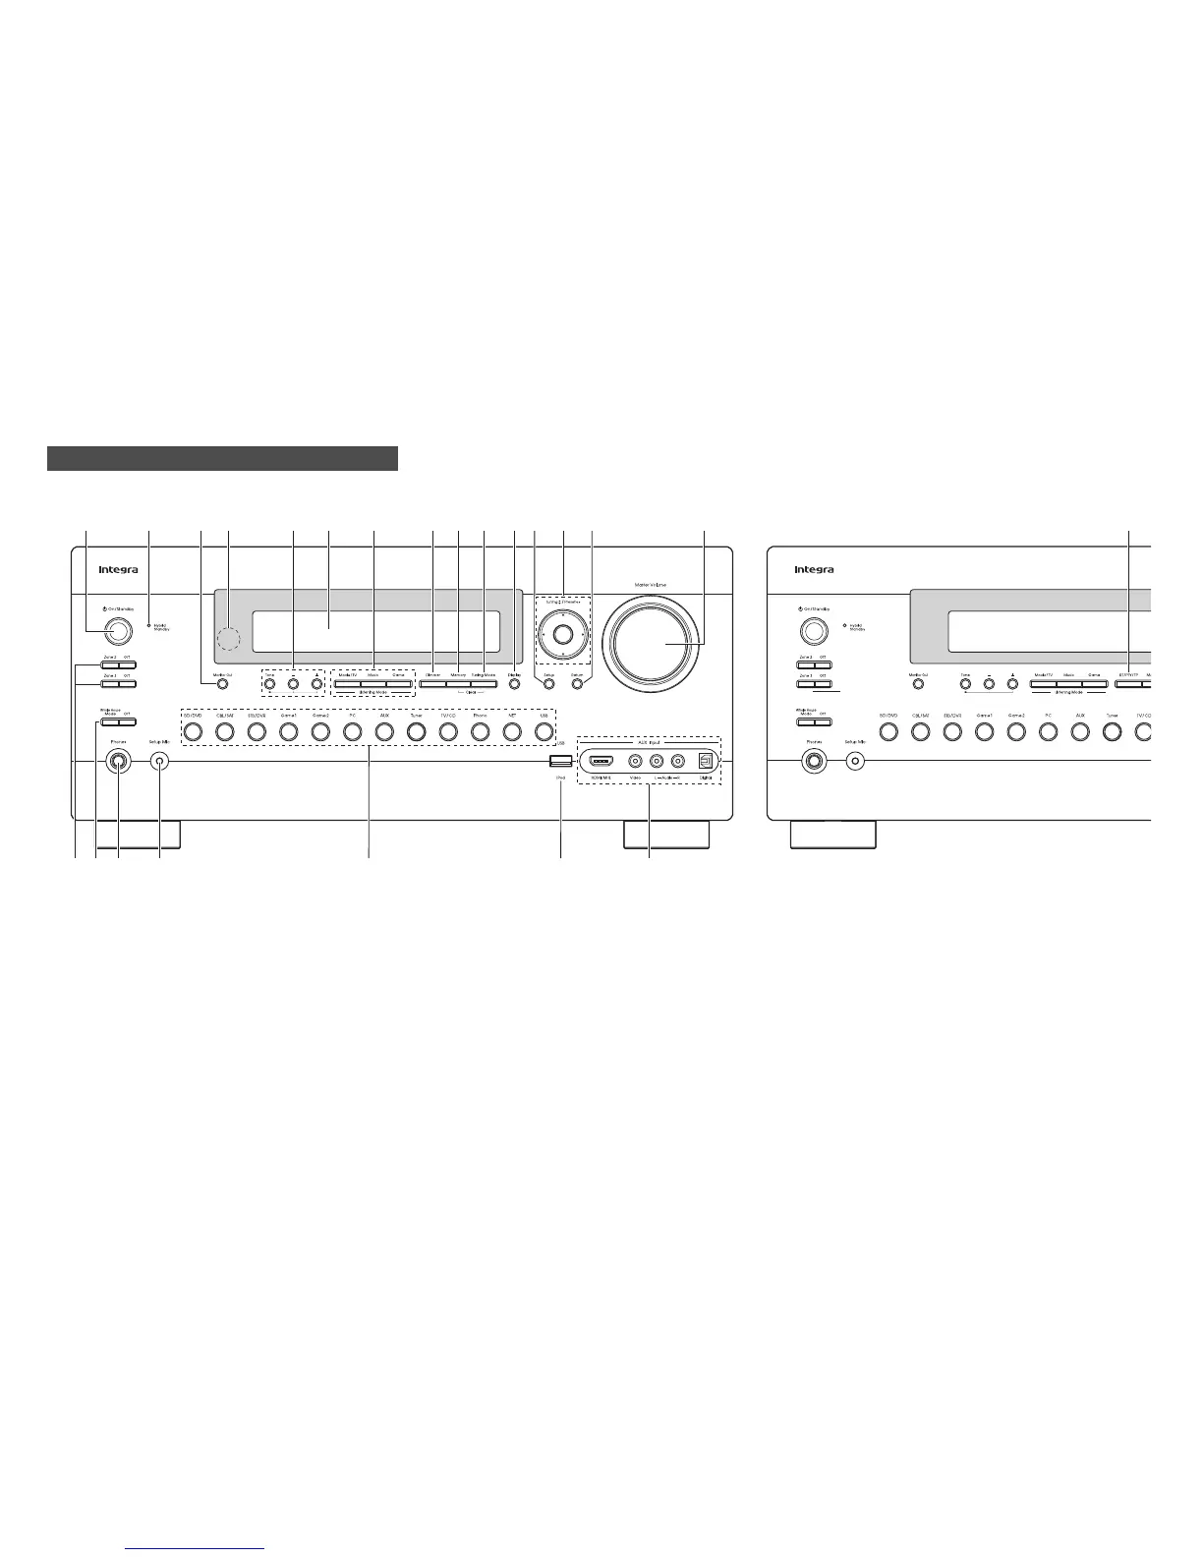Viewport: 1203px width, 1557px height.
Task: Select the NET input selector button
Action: click(511, 731)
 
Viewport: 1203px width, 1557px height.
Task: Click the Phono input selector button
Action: click(480, 731)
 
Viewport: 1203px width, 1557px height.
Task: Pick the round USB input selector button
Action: click(543, 731)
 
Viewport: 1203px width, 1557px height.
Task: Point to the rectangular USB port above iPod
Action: click(560, 761)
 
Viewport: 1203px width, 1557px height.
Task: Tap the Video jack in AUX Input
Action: click(636, 761)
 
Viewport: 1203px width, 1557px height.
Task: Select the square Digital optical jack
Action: click(704, 761)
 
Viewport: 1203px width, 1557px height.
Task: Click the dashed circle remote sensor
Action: click(228, 639)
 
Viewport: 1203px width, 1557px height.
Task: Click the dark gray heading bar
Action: click(222, 459)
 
